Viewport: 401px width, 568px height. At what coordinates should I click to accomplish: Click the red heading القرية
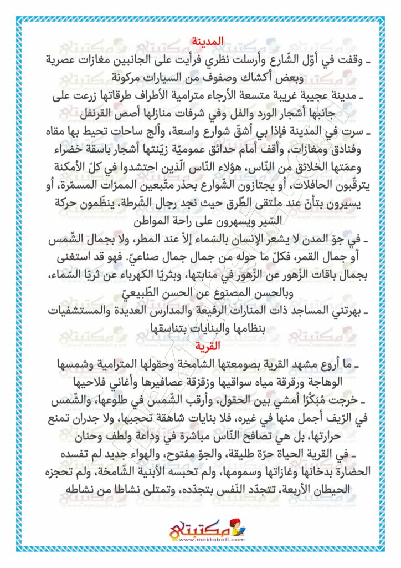click(x=208, y=346)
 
